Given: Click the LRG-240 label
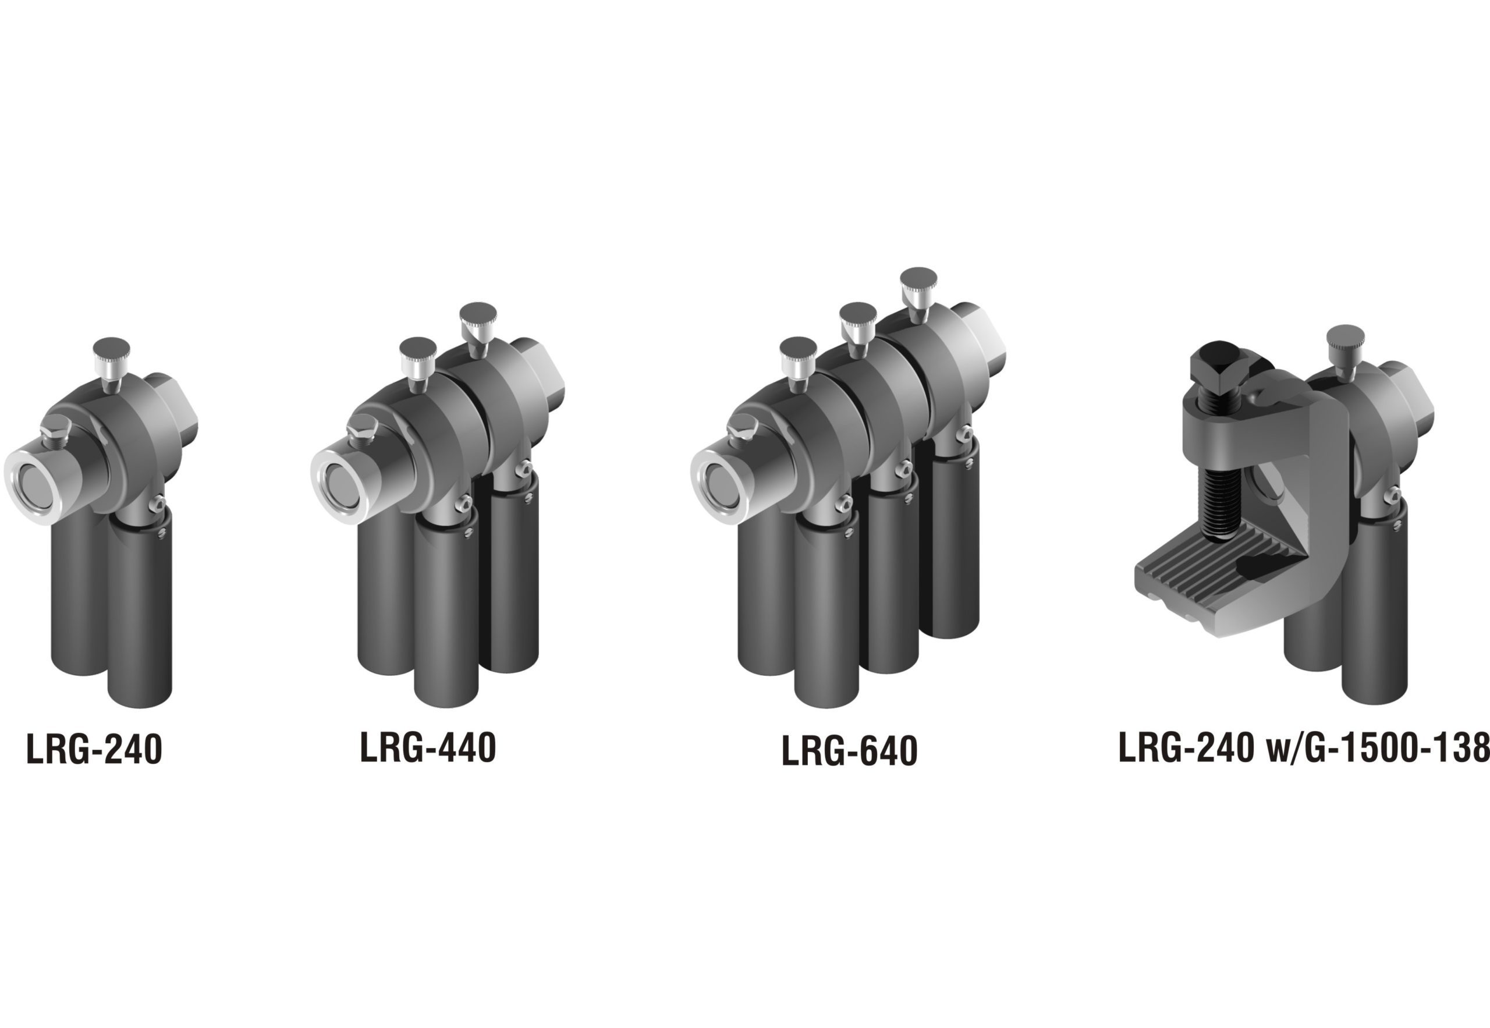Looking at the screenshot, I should (94, 749).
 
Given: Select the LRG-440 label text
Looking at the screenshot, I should (428, 747).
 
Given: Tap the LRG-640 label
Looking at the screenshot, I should (849, 751).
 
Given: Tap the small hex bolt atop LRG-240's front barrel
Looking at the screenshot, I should (55, 428).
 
